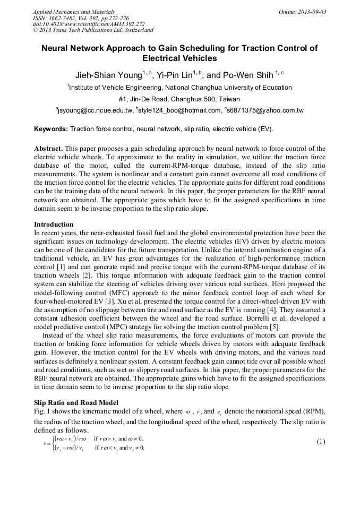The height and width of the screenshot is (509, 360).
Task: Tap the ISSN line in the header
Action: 81,18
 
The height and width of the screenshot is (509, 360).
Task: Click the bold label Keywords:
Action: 51,129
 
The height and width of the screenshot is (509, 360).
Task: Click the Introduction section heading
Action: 54,225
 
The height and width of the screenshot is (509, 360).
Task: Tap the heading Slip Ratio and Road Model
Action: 76,403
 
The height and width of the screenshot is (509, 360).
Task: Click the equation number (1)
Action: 320,442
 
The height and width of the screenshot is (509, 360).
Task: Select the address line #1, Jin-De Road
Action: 179,99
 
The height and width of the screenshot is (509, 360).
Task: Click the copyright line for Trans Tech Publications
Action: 93,30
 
